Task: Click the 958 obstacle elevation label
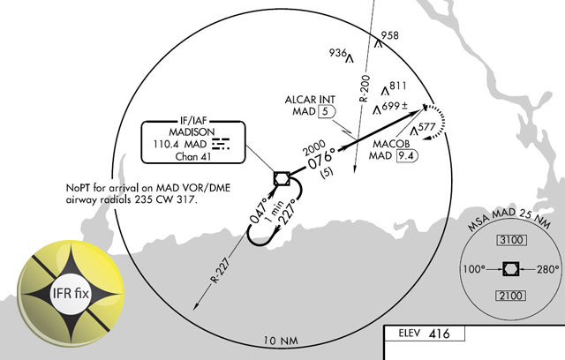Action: [390, 36]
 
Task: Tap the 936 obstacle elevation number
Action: [338, 53]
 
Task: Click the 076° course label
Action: [323, 161]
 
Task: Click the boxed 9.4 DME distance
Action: [407, 155]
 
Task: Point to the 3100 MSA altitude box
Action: [510, 241]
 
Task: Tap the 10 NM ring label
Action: [281, 340]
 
